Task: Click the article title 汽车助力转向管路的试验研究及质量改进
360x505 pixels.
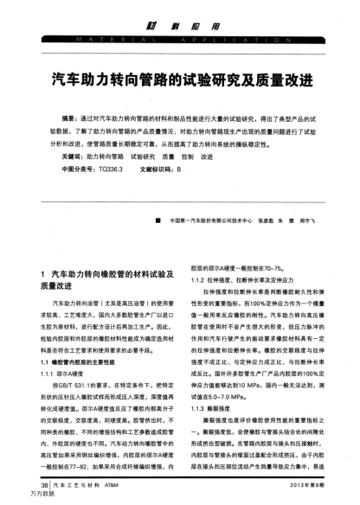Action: (179, 79)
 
